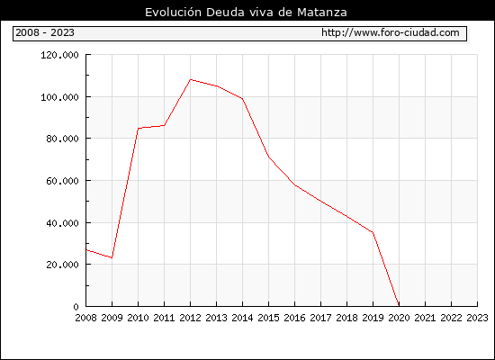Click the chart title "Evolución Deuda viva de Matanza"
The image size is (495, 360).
click(x=246, y=13)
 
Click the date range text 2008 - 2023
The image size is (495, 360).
click(x=45, y=32)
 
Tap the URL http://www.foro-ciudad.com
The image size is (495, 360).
click(x=391, y=32)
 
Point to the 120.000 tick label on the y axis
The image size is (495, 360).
click(x=59, y=55)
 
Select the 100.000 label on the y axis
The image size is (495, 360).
click(x=59, y=97)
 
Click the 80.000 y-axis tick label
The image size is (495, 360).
click(x=62, y=139)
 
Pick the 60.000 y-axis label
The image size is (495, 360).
click(x=62, y=181)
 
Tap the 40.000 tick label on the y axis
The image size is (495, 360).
click(x=62, y=223)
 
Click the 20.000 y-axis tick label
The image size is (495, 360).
click(x=62, y=265)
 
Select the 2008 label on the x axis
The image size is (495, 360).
click(x=85, y=318)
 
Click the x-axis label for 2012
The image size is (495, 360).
click(x=191, y=318)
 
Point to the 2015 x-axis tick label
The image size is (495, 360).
click(x=269, y=318)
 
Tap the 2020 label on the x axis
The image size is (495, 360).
click(x=399, y=318)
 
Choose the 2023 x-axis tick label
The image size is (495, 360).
click(x=477, y=318)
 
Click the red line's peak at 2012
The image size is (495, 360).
click(x=191, y=79)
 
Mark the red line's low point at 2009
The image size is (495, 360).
click(x=112, y=257)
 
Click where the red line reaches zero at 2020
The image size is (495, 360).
click(x=399, y=305)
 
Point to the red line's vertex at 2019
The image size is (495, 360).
click(x=373, y=232)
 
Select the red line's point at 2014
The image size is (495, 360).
click(x=242, y=99)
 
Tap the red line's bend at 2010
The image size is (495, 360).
click(x=139, y=129)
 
